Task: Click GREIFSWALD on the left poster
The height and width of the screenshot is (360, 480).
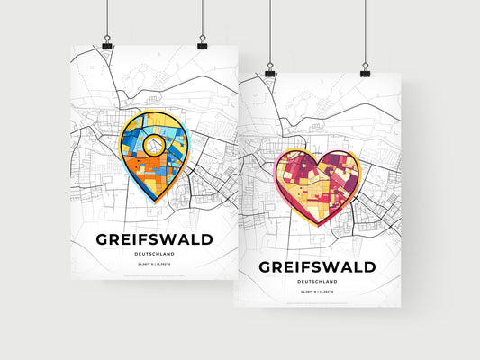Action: pos(154,239)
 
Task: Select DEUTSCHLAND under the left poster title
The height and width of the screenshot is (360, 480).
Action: pos(154,255)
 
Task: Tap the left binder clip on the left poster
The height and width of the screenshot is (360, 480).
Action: pos(107,43)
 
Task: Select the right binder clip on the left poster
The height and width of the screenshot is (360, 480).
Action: pos(202,43)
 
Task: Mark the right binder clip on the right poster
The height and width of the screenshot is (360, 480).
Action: pos(365,67)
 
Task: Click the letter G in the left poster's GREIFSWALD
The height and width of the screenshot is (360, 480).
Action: pos(102,239)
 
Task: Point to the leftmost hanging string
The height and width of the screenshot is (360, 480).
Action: pos(107,18)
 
